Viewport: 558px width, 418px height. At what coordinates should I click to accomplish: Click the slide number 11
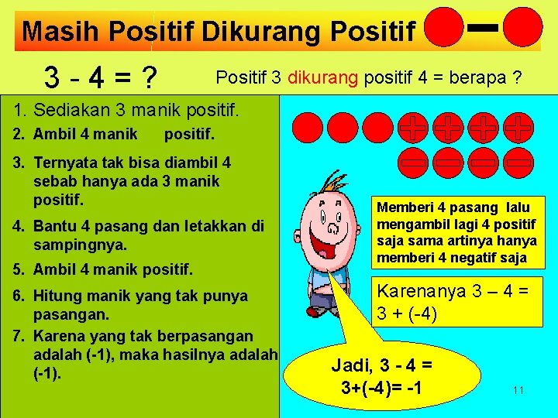click(x=518, y=390)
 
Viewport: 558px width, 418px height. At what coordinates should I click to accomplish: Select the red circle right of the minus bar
click(x=523, y=28)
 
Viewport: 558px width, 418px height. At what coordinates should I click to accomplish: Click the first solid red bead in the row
click(x=308, y=127)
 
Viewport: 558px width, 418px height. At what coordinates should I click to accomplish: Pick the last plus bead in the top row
click(x=520, y=127)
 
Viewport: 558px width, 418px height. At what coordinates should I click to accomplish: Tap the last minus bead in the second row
click(x=520, y=162)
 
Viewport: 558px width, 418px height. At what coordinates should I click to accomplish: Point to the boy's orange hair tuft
click(x=335, y=184)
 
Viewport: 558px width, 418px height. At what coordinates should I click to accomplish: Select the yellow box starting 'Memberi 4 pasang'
click(x=456, y=232)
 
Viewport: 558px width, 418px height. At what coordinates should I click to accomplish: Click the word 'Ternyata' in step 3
click(x=64, y=163)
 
